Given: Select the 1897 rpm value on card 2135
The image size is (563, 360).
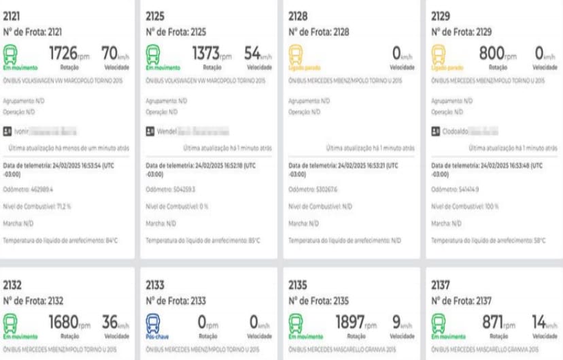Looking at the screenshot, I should pyautogui.click(x=350, y=321).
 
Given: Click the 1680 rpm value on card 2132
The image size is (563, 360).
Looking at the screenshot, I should pyautogui.click(x=65, y=321).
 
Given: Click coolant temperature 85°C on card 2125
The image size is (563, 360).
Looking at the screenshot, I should pyautogui.click(x=203, y=240).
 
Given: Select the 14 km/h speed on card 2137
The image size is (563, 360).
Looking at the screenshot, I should pyautogui.click(x=541, y=321).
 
